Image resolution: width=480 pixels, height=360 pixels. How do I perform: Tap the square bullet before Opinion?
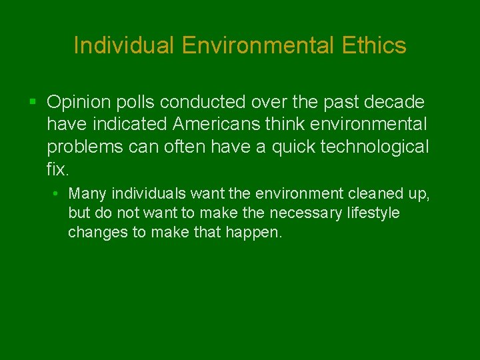[x=33, y=102]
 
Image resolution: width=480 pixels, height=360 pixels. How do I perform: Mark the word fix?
[x=57, y=169]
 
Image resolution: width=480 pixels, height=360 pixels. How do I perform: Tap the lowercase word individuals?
[x=149, y=194]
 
